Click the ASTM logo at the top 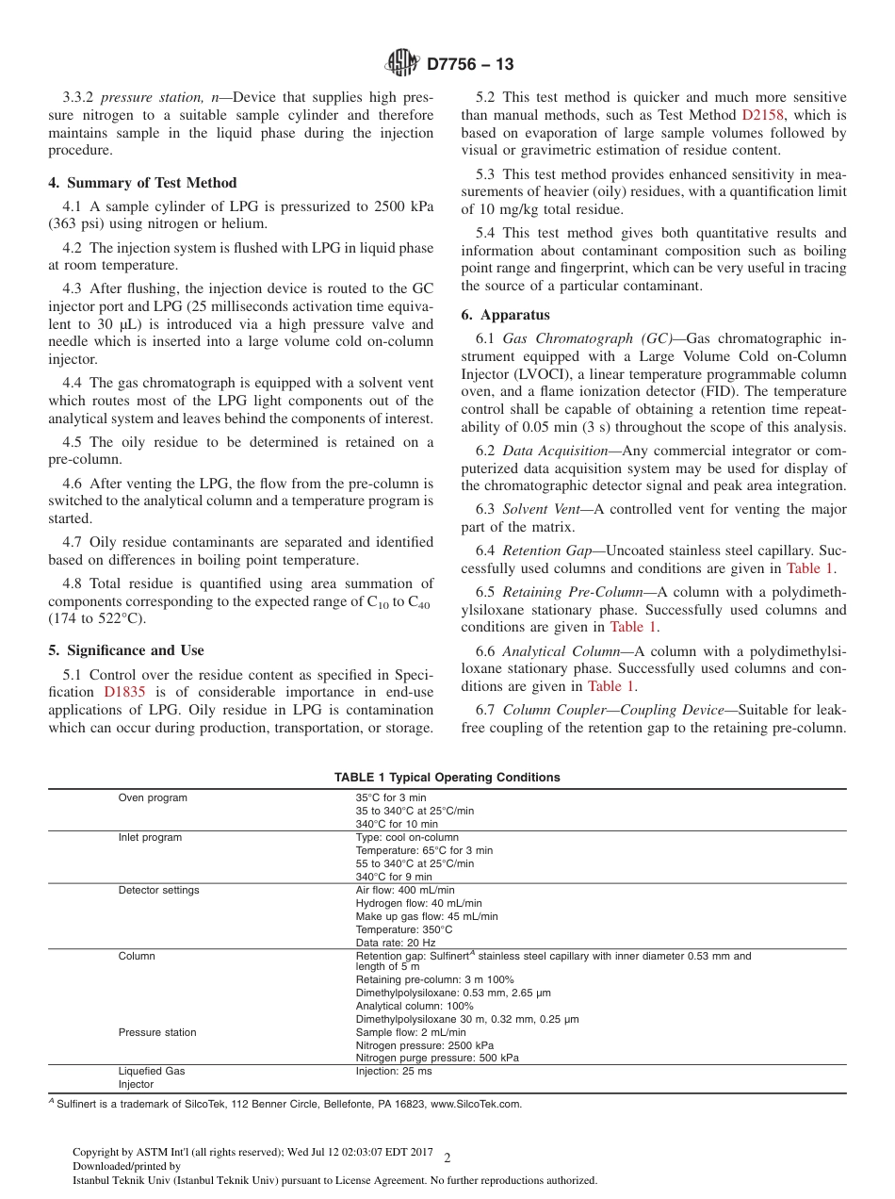click(402, 64)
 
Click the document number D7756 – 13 click(470, 65)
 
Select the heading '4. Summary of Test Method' click(143, 183)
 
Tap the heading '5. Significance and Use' click(126, 650)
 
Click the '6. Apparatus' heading click(506, 315)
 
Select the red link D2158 click(768, 115)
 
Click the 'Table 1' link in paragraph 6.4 click(809, 568)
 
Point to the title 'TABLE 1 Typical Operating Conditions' click(447, 778)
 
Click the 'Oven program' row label click(153, 798)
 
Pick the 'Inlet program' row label click(150, 838)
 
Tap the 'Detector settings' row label click(158, 891)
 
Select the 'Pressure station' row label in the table click(157, 1033)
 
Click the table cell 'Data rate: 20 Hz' click(396, 943)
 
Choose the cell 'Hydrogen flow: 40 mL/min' click(418, 903)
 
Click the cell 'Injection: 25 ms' click(394, 1072)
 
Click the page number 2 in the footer click(447, 1158)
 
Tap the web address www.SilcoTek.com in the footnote click(476, 1104)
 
